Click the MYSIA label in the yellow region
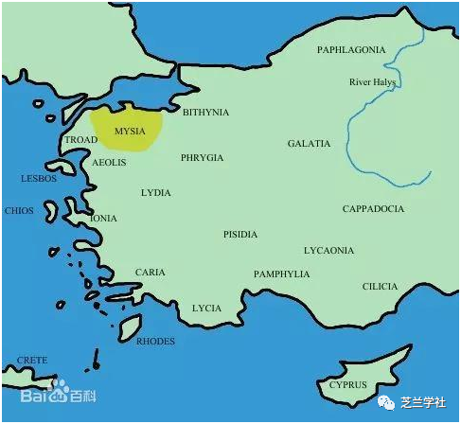pyautogui.click(x=129, y=131)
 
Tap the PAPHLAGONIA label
pyautogui.click(x=351, y=49)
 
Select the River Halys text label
pyautogui.click(x=372, y=82)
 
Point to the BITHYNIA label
pyautogui.click(x=205, y=112)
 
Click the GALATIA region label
pyautogui.click(x=309, y=144)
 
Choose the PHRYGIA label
pyautogui.click(x=202, y=158)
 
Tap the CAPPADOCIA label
pyautogui.click(x=373, y=208)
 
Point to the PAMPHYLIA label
pyautogui.click(x=281, y=274)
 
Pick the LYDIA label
pyautogui.click(x=155, y=192)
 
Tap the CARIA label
pyautogui.click(x=150, y=273)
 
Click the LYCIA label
pyautogui.click(x=206, y=308)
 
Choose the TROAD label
pyautogui.click(x=80, y=140)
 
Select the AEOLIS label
pyautogui.click(x=109, y=163)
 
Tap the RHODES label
pyautogui.click(x=155, y=341)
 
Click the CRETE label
pyautogui.click(x=32, y=361)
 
